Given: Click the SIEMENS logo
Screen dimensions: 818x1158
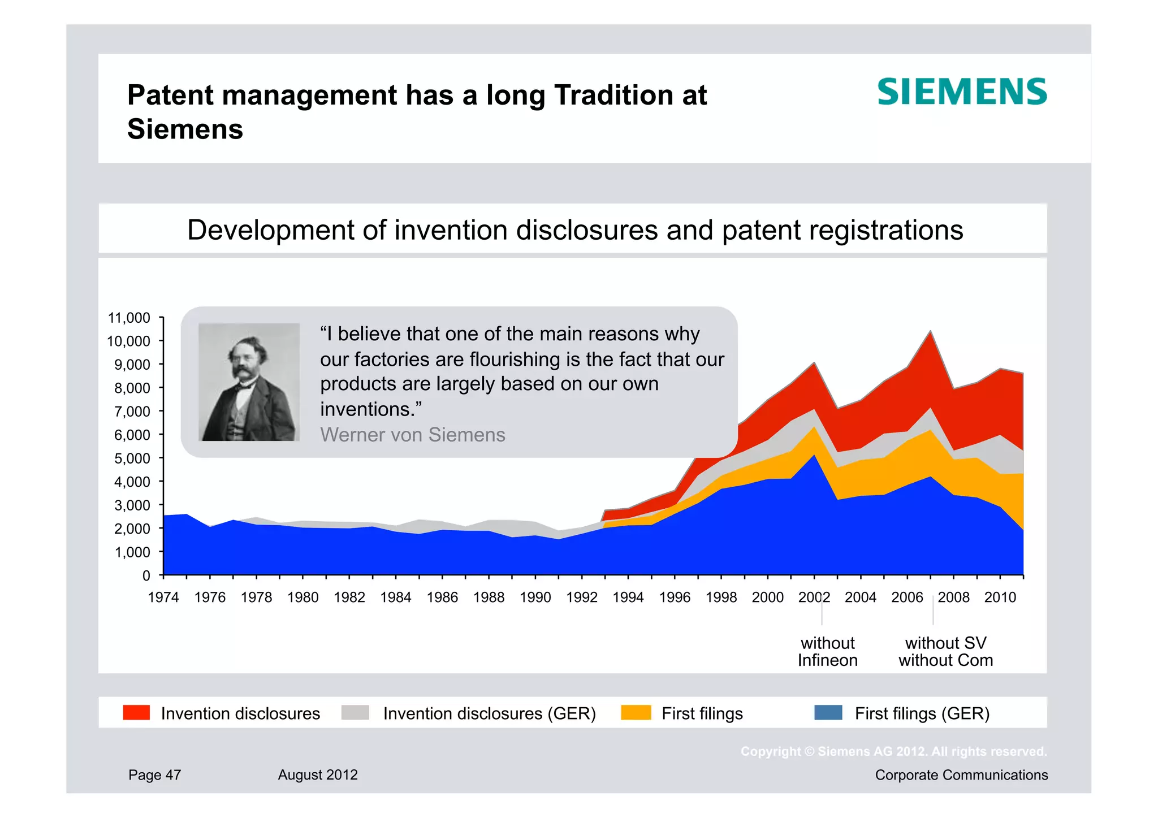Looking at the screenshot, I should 962,92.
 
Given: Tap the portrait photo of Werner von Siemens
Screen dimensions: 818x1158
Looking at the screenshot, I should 249,382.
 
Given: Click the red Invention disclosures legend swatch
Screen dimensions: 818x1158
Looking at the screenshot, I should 136,712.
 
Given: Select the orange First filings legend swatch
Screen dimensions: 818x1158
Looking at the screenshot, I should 636,712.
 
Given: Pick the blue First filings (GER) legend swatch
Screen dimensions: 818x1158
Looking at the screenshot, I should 828,712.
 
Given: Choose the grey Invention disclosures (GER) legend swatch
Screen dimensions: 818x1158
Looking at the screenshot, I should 355,712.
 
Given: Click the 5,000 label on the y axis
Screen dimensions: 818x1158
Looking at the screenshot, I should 132,458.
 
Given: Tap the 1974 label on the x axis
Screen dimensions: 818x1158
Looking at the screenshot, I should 163,598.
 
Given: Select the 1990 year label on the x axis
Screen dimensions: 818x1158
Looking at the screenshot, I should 535,598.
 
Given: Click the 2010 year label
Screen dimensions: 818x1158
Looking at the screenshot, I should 1000,598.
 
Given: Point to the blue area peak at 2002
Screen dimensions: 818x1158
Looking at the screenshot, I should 814,457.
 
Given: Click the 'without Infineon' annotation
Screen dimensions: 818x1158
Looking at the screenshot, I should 827,652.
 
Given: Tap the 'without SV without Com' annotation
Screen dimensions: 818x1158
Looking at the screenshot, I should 945,652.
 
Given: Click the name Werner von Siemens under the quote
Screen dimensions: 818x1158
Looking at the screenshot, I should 412,435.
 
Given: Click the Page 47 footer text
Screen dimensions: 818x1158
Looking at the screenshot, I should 154,775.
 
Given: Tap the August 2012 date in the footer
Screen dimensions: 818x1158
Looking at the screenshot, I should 318,775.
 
